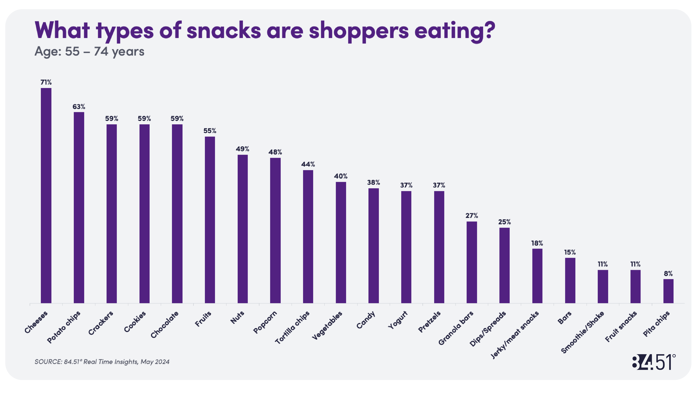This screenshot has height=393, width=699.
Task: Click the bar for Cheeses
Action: point(46,195)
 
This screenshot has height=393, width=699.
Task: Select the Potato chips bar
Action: point(79,208)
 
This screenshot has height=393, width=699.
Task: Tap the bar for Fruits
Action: point(210,220)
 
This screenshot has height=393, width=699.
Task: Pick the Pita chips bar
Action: point(668,291)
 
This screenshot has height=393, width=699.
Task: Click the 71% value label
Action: point(46,82)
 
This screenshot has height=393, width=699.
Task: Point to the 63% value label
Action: point(79,107)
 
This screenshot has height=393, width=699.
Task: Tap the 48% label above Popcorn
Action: point(275,152)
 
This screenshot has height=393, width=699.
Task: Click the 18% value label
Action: point(537,243)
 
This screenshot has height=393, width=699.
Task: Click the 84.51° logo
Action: point(653,362)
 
